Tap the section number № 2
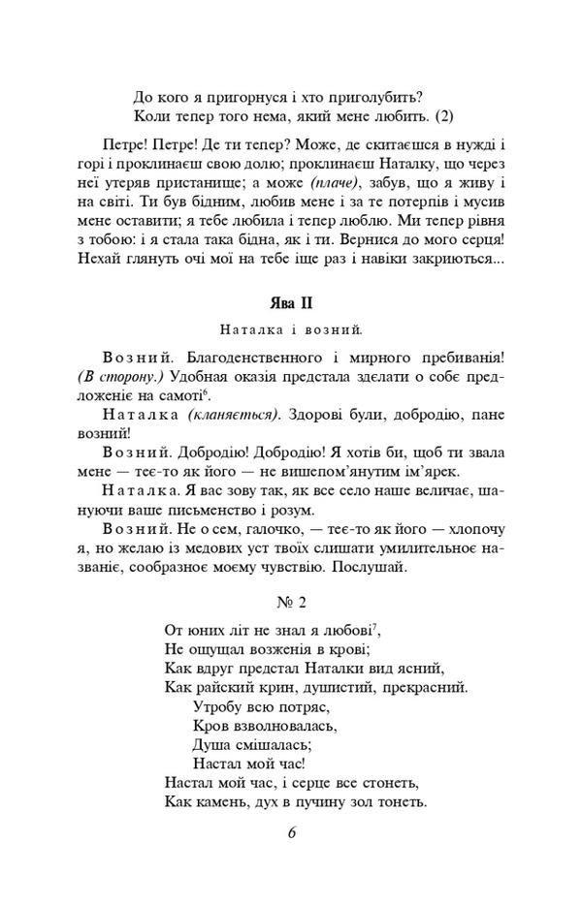(x=290, y=602)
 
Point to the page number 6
(x=291, y=833)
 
